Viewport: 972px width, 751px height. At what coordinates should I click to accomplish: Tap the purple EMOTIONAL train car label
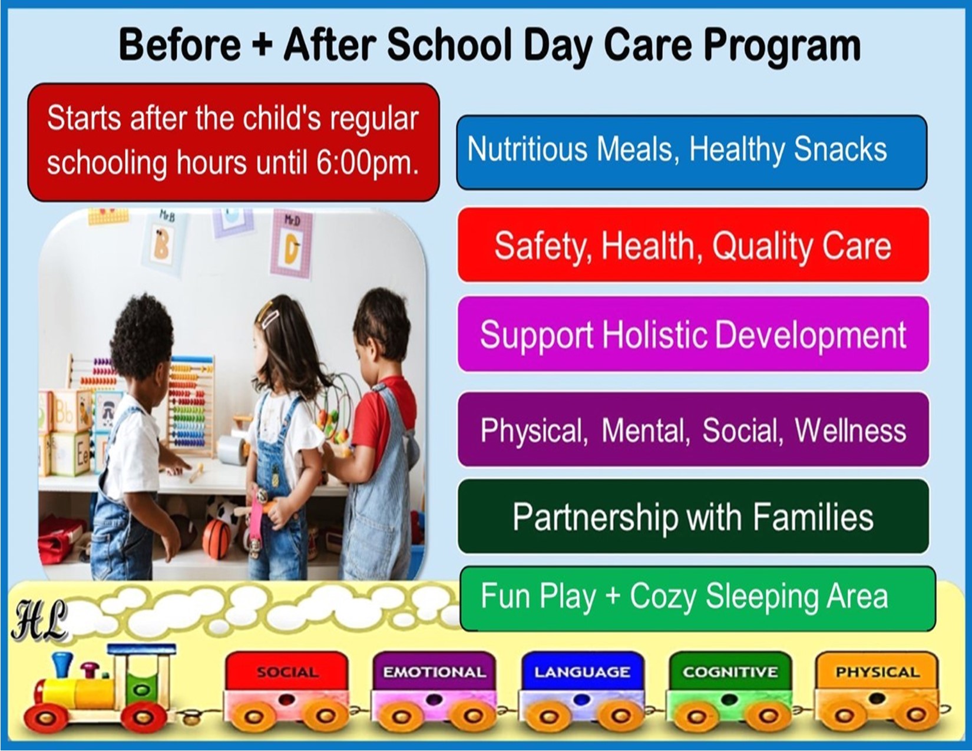(434, 672)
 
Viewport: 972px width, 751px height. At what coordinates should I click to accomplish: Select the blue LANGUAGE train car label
(582, 672)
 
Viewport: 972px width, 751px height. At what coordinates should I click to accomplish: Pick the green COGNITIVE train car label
(730, 672)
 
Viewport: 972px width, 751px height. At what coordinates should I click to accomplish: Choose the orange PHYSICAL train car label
(878, 672)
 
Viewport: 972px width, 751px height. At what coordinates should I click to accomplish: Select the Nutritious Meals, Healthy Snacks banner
(692, 152)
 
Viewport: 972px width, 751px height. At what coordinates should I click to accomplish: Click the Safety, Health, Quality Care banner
(693, 244)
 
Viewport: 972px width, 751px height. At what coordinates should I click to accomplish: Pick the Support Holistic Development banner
(693, 333)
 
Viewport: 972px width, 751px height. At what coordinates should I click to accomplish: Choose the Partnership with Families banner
(693, 517)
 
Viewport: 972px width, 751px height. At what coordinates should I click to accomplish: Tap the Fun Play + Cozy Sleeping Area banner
(697, 598)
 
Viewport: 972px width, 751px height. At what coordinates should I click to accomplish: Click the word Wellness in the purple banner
(850, 431)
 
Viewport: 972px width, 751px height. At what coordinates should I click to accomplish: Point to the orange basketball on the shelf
(217, 539)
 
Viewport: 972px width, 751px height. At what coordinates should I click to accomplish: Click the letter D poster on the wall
(292, 244)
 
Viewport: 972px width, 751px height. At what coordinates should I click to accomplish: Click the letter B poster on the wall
(163, 241)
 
